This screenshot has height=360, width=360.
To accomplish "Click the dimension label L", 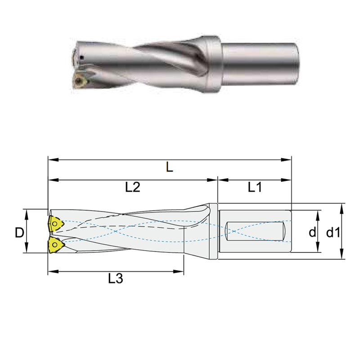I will [x=169, y=167].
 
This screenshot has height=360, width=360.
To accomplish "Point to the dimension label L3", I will [x=116, y=279].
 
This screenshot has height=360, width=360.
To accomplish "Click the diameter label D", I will [x=19, y=232].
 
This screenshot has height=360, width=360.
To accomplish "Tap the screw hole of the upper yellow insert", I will [x=54, y=223].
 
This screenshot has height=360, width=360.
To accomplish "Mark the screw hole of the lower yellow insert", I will [x=55, y=244].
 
